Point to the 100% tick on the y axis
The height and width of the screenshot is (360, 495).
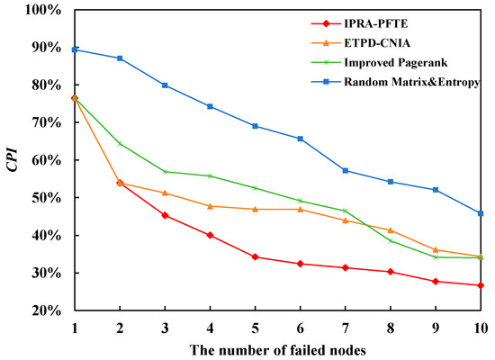point(42,10)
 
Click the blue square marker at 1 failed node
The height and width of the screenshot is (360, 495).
point(74,49)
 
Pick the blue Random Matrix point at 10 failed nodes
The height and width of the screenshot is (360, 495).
point(481,213)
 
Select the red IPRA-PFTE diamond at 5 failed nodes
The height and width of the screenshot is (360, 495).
point(256,257)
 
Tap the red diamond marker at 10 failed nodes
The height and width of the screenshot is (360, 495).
point(481,285)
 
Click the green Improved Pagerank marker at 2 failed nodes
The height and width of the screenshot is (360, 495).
point(120,143)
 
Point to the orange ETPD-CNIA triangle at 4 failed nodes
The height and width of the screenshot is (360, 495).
point(210,206)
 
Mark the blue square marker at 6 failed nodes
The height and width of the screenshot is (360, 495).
point(301,139)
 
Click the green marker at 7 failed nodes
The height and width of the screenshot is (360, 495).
point(346,211)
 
